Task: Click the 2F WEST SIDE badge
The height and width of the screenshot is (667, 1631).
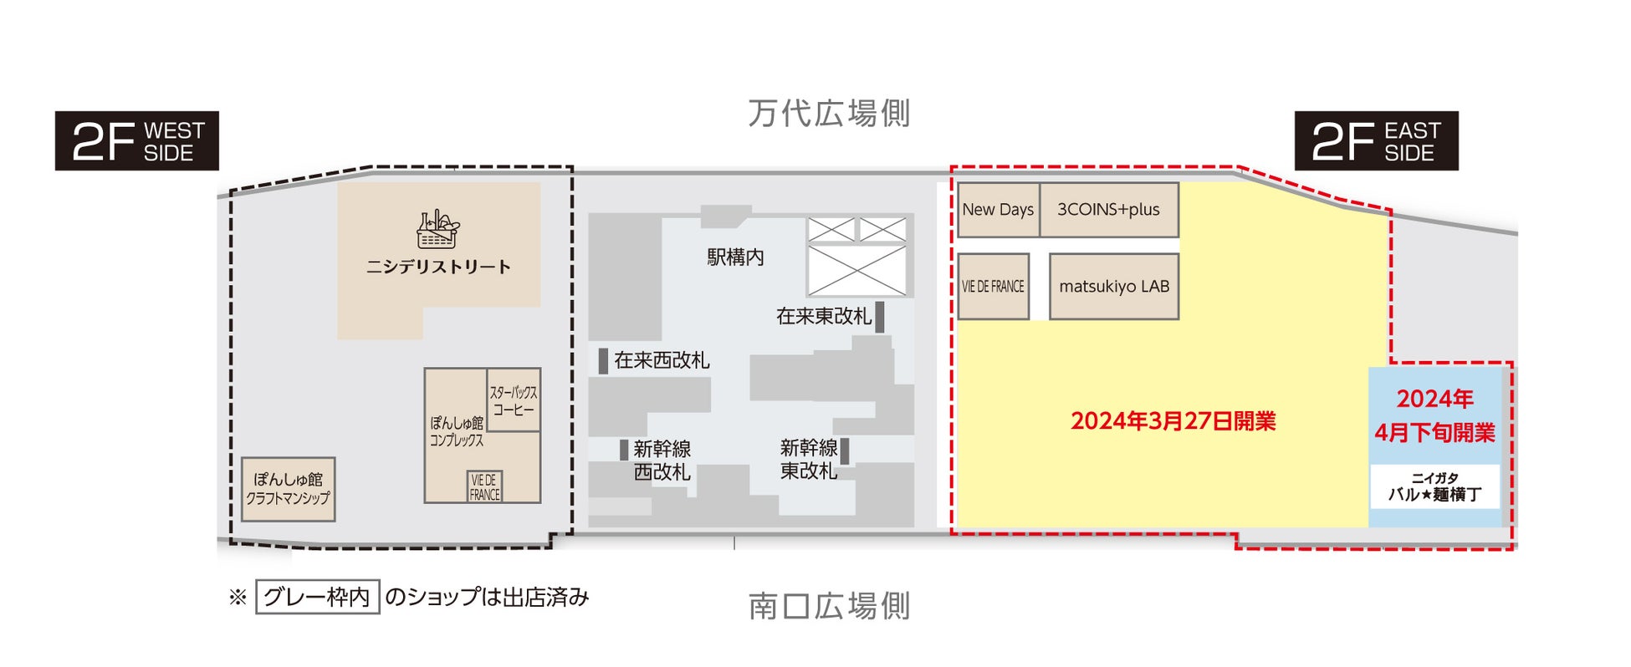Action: click(137, 141)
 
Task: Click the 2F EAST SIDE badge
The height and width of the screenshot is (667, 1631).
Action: click(1376, 141)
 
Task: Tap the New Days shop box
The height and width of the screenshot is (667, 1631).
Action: click(998, 210)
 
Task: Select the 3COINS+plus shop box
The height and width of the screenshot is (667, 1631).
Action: click(1109, 210)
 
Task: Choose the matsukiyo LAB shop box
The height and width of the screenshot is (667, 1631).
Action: click(1114, 287)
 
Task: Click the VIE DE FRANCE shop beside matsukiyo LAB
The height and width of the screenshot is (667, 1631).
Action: click(993, 287)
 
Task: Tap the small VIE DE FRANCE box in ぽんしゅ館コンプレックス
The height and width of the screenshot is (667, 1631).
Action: click(484, 486)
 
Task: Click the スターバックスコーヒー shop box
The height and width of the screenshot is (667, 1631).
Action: click(514, 400)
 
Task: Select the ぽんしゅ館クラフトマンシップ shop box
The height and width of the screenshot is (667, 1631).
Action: click(289, 489)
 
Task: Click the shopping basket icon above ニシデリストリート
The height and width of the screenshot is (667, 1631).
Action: click(438, 230)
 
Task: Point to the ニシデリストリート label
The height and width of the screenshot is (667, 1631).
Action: click(438, 267)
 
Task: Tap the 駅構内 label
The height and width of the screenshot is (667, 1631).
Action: click(735, 257)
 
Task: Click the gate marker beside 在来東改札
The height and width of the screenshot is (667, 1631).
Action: click(880, 317)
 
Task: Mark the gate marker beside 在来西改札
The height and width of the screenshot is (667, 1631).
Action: click(603, 360)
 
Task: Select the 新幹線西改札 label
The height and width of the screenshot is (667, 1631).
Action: click(662, 461)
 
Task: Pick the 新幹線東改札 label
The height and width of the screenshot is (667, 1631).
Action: click(809, 460)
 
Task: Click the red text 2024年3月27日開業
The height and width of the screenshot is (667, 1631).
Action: click(1173, 421)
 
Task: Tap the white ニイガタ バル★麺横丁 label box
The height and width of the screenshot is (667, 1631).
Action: click(1434, 486)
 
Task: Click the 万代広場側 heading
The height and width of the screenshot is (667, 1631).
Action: click(829, 114)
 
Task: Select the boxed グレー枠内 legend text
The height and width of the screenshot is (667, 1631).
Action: click(317, 597)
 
